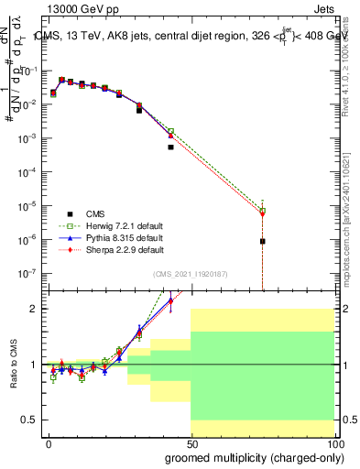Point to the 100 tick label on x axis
pos(333,443)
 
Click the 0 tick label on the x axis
pos(49,443)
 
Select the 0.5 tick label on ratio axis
pos(27,420)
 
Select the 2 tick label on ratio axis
pos(32,309)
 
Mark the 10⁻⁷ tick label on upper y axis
pos(25,273)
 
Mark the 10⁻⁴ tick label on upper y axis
pos(25,171)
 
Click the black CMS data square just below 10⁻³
pos(170,147)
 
